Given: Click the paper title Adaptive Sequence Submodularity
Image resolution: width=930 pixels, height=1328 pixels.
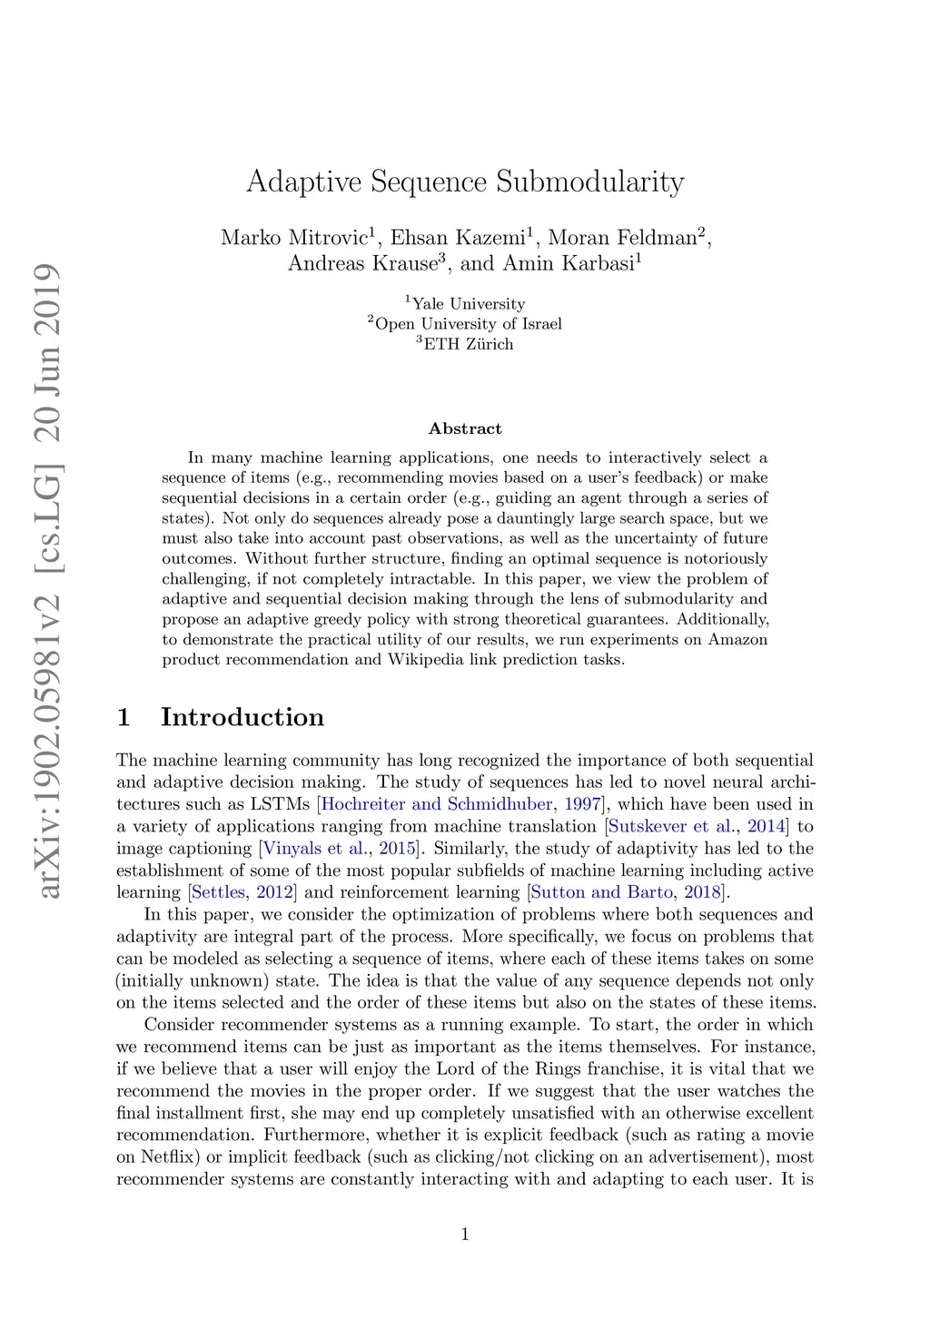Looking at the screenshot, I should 465,182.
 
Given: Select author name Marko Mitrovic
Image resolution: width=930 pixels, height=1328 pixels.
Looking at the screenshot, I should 293,238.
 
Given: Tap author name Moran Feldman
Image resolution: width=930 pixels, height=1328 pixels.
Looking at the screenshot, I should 622,238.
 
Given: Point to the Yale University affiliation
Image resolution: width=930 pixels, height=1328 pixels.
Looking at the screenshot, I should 468,304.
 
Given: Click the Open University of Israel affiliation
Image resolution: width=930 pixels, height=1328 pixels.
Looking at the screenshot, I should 468,324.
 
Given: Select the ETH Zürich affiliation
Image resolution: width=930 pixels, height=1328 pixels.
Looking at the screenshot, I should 468,344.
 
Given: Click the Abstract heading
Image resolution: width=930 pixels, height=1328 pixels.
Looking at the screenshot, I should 465,428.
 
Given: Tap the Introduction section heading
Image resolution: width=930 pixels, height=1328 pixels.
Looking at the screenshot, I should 242,717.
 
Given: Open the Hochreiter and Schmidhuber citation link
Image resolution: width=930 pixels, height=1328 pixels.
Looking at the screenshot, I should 437,804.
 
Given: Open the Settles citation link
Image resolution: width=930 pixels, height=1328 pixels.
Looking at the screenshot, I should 219,892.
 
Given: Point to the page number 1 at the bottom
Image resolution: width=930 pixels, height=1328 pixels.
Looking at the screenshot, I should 465,1234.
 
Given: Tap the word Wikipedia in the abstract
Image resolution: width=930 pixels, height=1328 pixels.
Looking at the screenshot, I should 426,660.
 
